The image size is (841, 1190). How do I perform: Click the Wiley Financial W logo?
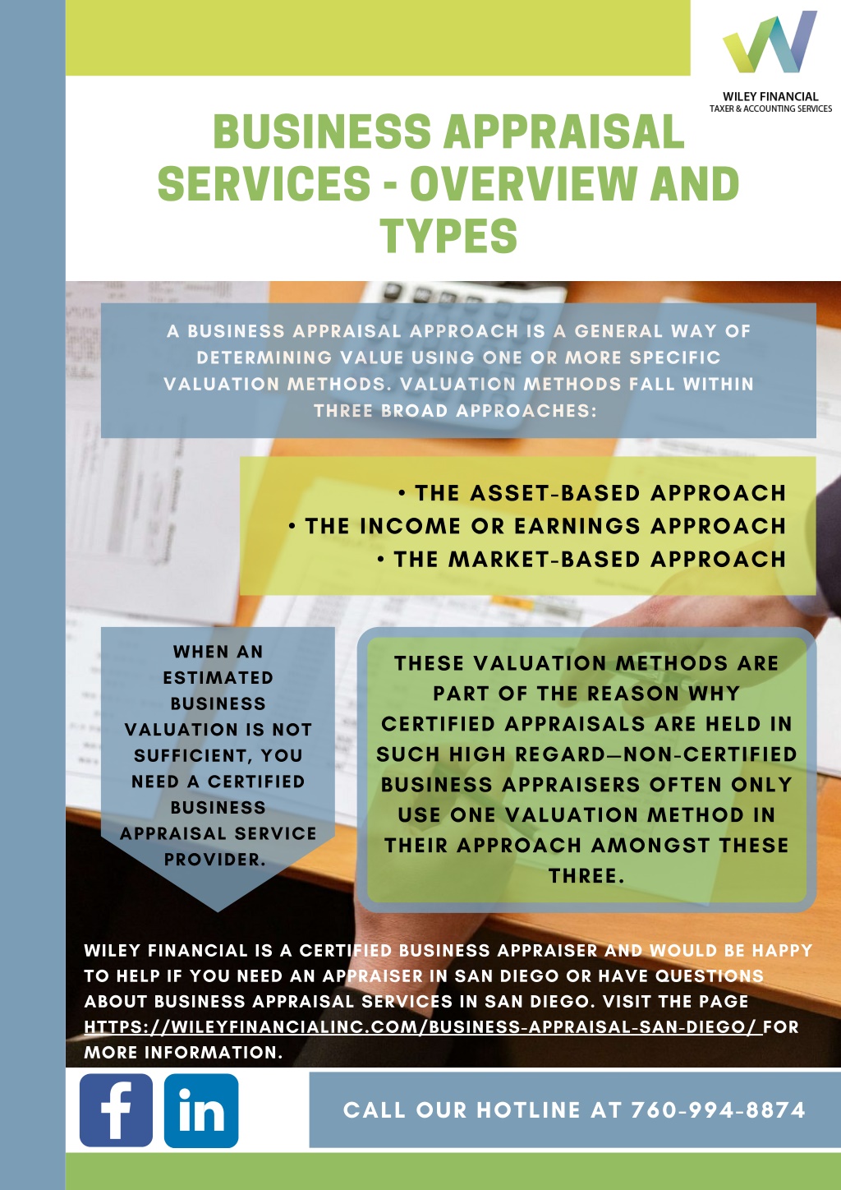(770, 41)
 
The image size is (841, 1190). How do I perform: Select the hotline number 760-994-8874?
(719, 1109)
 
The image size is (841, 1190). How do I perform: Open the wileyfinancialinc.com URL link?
(423, 1026)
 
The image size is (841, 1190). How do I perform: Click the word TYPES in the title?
(448, 235)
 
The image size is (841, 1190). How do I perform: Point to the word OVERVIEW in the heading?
(523, 183)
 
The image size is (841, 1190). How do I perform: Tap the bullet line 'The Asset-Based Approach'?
(592, 493)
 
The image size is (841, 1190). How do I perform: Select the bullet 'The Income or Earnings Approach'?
(537, 526)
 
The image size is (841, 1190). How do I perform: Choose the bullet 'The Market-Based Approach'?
(581, 559)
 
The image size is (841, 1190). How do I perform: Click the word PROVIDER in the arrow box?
(215, 859)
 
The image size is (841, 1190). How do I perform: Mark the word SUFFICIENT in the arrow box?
(218, 755)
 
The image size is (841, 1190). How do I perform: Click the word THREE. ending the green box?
(586, 875)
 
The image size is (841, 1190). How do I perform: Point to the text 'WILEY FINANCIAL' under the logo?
(770, 97)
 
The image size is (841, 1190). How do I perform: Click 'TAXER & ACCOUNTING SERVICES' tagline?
(770, 108)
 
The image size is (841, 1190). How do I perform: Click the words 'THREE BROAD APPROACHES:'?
(456, 411)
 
